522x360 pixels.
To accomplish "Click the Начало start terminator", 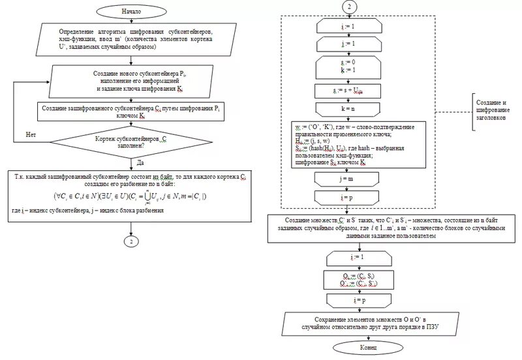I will coord(130,11).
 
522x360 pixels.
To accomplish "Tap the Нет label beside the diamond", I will coord(30,134).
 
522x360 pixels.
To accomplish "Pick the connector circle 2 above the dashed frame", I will coord(350,7).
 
